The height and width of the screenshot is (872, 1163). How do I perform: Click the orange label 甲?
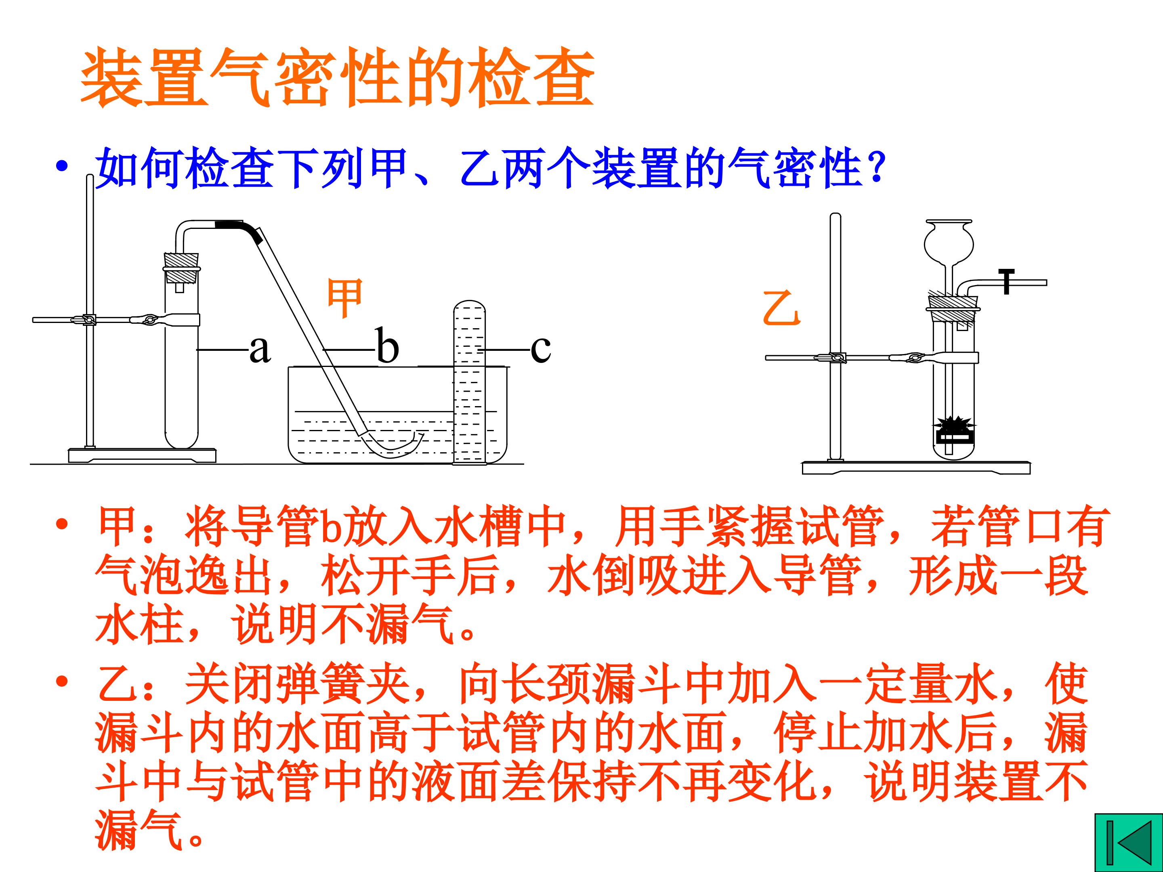344,298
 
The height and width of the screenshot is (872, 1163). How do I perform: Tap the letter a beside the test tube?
260,349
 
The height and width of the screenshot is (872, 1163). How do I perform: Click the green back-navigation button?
1128,843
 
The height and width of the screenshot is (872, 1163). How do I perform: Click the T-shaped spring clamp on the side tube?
1006,282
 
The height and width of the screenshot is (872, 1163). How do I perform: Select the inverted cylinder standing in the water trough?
470,382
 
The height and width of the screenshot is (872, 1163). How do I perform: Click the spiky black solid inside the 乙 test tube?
954,423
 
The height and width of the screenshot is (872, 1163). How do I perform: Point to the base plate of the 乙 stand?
916,467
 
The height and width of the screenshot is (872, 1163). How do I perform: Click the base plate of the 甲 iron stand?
142,455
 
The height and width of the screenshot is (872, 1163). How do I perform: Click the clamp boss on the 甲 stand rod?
89,319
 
